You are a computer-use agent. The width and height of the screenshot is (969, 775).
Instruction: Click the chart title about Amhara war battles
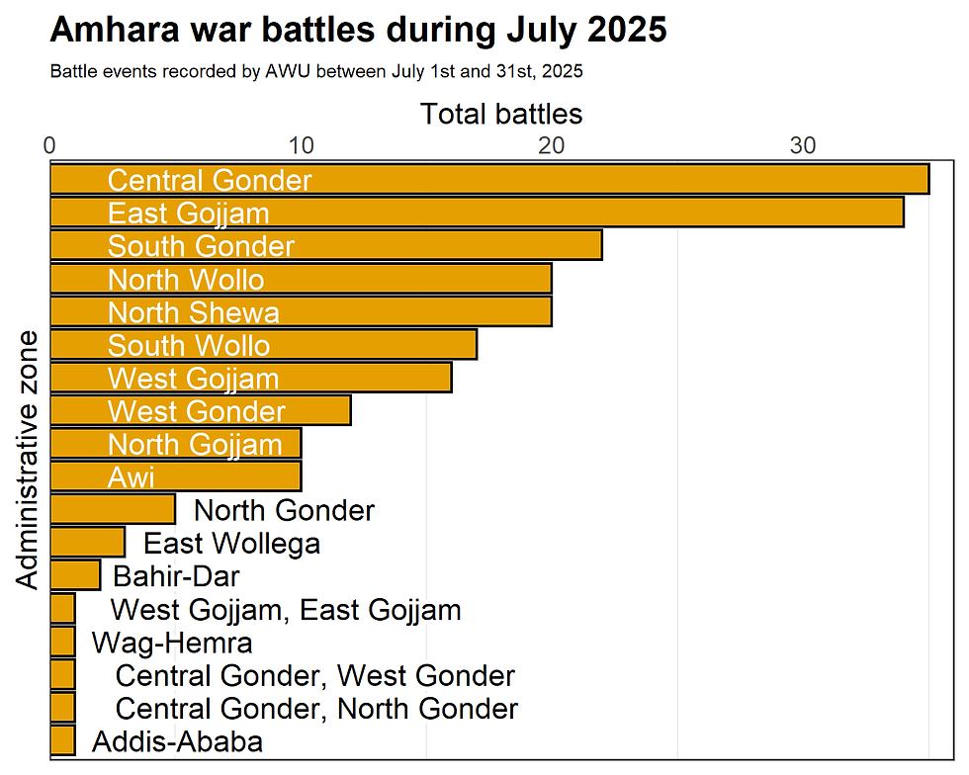(358, 31)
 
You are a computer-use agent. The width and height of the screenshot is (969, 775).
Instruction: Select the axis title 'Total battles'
(501, 114)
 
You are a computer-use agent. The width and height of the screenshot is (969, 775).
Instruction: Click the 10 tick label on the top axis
(301, 145)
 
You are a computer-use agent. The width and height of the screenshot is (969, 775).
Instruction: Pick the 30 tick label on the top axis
(803, 145)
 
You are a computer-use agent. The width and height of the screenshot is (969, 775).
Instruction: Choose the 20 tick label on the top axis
(552, 145)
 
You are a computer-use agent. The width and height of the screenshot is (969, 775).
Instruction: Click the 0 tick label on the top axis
(49, 145)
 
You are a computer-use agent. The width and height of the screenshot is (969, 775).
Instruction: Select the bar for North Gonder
(112, 510)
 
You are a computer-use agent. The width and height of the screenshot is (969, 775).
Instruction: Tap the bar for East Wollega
(87, 543)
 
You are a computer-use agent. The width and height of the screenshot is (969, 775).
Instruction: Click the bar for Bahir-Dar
(74, 575)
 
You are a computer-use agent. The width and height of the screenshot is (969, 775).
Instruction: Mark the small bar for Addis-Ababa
(62, 741)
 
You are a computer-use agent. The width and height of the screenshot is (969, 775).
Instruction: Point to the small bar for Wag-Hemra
(62, 643)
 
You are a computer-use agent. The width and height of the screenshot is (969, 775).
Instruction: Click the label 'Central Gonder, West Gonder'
(314, 676)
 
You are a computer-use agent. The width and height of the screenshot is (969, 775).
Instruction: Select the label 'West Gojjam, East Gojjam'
(285, 610)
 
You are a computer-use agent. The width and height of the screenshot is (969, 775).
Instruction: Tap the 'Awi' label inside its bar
(132, 477)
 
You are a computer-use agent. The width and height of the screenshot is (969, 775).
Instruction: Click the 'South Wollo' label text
(188, 345)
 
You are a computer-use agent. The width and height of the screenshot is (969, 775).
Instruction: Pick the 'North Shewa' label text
(193, 312)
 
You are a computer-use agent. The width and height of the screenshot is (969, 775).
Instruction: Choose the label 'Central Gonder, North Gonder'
(316, 709)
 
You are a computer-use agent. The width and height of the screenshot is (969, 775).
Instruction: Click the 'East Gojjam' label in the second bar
(188, 213)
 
